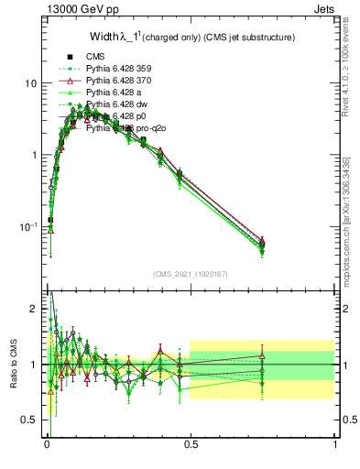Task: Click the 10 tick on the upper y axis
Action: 29,83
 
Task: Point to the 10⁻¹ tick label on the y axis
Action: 27,226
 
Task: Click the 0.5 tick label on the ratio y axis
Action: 29,420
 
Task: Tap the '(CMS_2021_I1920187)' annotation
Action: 190,273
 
